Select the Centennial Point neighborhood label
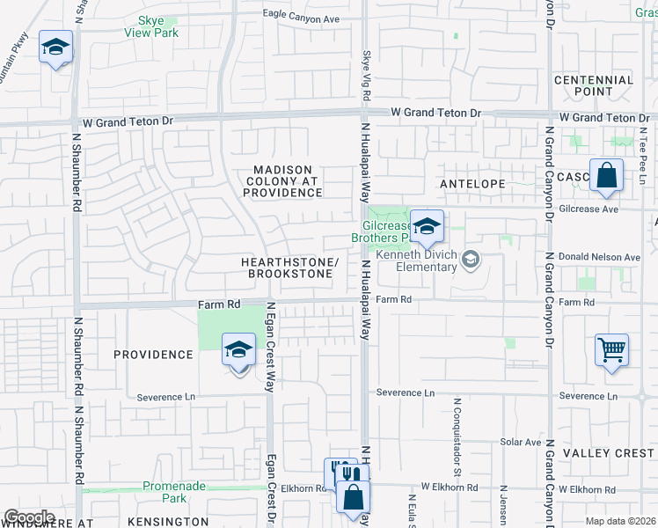coord(594,85)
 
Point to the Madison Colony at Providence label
coord(282,181)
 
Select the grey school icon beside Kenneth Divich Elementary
coord(472,258)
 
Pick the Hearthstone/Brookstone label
coord(289,268)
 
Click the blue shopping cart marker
coord(611,350)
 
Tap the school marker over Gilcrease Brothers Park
coord(427,227)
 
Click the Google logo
coord(29,517)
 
